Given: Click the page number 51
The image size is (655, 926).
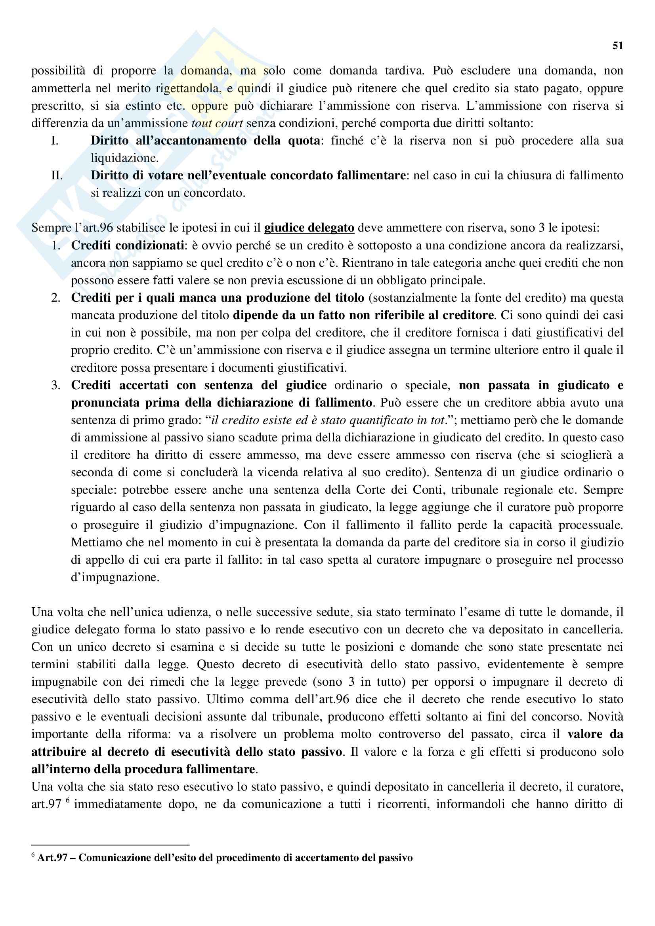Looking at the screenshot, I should (x=617, y=46).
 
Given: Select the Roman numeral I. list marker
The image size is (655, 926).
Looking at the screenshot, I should (x=55, y=141).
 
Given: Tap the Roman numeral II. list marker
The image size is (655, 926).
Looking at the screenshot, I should (x=57, y=175).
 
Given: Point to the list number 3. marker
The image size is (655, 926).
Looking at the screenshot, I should (x=56, y=386).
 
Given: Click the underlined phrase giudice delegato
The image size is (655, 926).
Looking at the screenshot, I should (x=309, y=228).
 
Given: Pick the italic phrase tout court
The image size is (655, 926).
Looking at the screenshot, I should (x=217, y=124).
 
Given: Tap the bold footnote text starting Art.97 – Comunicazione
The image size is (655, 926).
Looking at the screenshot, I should (x=224, y=858).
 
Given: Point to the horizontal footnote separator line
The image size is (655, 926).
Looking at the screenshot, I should (x=110, y=844).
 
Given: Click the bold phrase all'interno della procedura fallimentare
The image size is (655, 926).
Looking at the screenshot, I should (x=143, y=769).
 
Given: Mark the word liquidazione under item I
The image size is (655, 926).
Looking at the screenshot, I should (x=124, y=158).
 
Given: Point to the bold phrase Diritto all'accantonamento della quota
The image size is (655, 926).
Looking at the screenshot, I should (x=205, y=141).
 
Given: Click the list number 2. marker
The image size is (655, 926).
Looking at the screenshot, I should (x=56, y=298).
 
